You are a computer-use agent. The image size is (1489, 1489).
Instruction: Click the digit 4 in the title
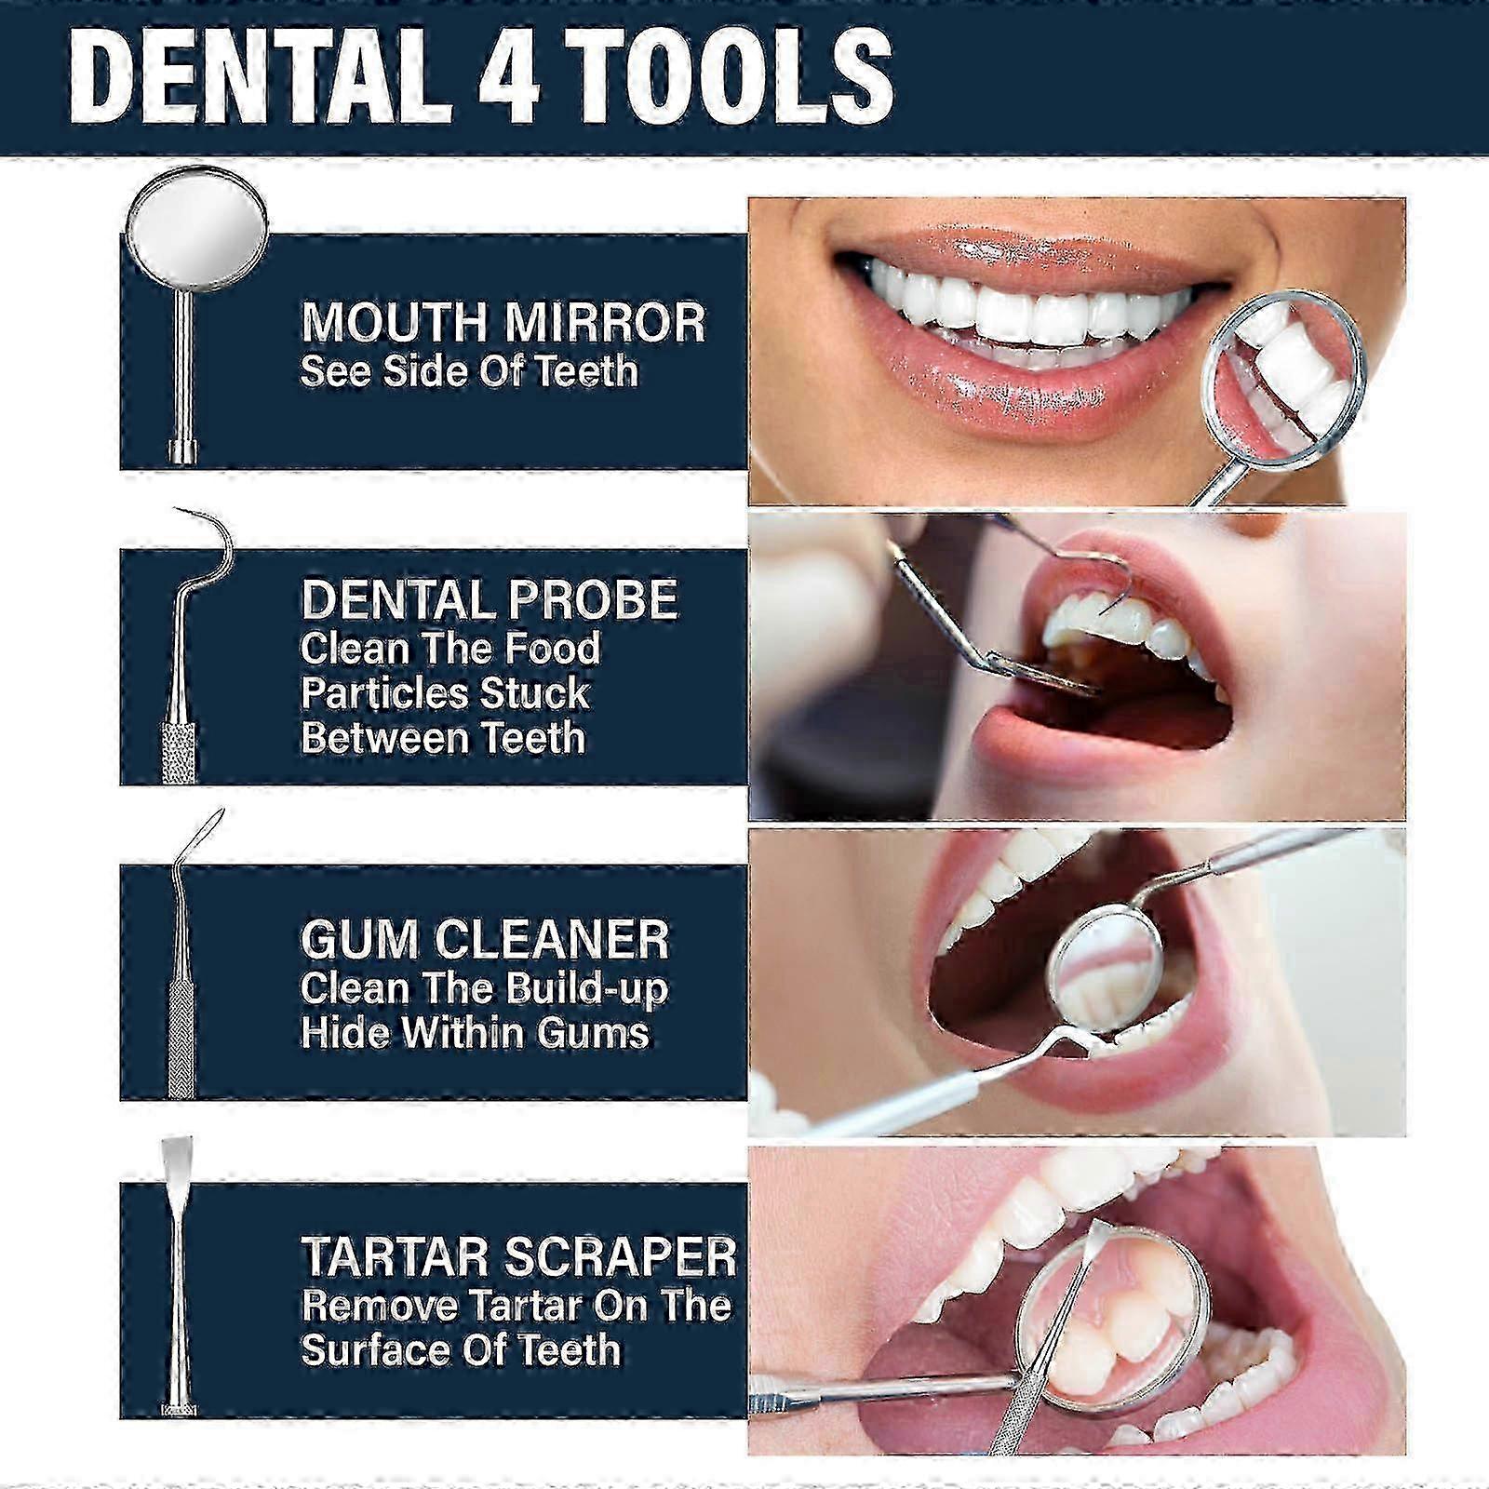coord(509,76)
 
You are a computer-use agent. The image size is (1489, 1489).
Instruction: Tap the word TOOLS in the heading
coord(731,76)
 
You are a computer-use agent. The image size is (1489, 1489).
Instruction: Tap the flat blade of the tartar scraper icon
coord(175,1163)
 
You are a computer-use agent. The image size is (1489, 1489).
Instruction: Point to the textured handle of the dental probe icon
coord(179,749)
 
